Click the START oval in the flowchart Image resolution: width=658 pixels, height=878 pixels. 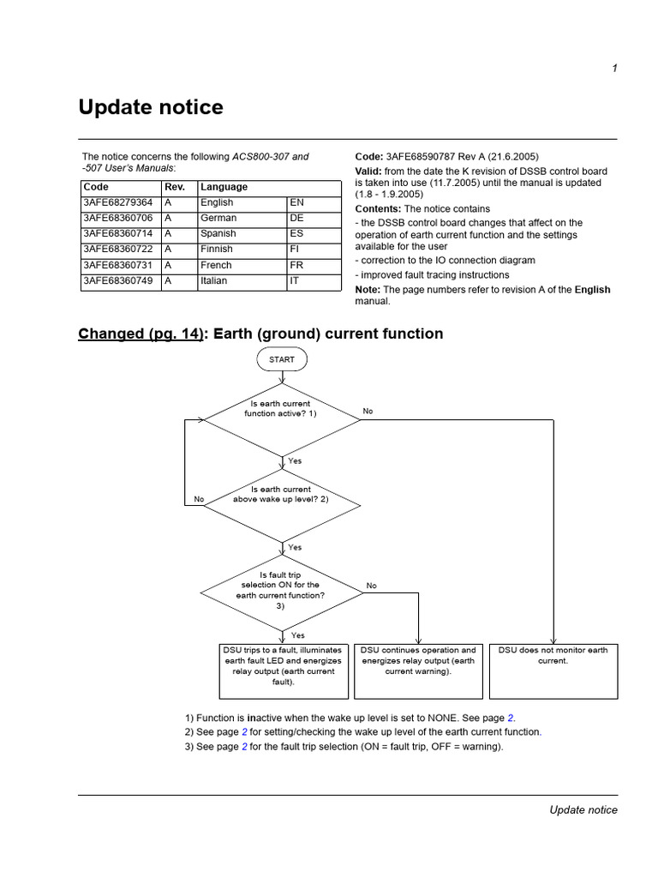(x=281, y=359)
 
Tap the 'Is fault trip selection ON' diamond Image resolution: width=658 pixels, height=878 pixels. (x=281, y=591)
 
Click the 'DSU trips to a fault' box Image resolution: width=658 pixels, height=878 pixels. (x=283, y=667)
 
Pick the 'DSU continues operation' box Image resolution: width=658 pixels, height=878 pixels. (x=418, y=667)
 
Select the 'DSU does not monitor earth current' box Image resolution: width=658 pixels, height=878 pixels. (x=553, y=667)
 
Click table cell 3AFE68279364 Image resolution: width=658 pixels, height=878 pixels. (x=118, y=202)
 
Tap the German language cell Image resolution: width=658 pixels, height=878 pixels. (x=218, y=218)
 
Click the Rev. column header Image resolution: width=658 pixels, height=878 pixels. (x=174, y=186)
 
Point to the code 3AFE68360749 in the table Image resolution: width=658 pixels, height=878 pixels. (x=118, y=281)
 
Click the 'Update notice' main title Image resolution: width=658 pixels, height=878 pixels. (x=151, y=107)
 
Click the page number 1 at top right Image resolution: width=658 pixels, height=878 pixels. (x=614, y=69)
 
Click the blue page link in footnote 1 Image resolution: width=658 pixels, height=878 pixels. (x=511, y=718)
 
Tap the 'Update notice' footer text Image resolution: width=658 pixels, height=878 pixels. (x=583, y=810)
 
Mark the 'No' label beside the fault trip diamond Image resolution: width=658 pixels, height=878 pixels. (x=371, y=586)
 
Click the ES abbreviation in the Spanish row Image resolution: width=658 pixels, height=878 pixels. (x=296, y=233)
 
